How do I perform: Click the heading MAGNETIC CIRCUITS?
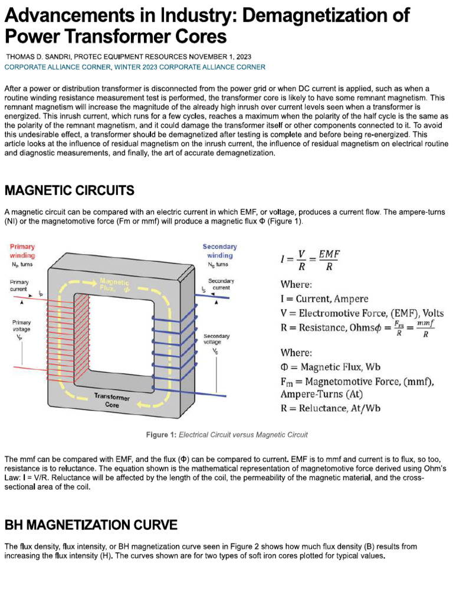click(70, 190)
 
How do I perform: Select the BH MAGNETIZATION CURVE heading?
click(91, 525)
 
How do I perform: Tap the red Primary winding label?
click(22, 251)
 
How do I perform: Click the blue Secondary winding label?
click(219, 251)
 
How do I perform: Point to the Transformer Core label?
click(112, 401)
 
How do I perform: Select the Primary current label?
click(19, 286)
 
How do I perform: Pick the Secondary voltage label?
click(216, 339)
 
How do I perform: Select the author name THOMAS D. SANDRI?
click(38, 57)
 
